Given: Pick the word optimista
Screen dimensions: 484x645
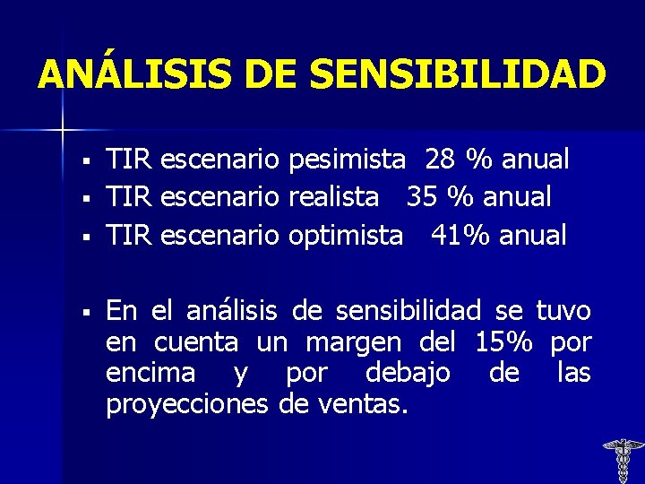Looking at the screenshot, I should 345,236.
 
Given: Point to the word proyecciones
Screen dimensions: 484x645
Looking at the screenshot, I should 186,405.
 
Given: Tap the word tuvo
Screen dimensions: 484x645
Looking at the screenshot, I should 563,311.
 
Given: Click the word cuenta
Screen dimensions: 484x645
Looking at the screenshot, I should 196,342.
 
